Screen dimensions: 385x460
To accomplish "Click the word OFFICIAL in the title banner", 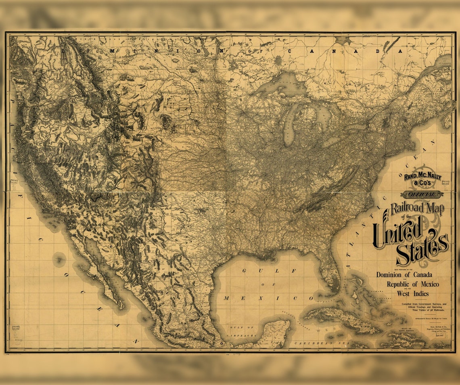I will pos(422,195).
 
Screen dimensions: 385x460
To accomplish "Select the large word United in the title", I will pos(397,233).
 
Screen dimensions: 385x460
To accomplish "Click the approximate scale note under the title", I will pos(430,318).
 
